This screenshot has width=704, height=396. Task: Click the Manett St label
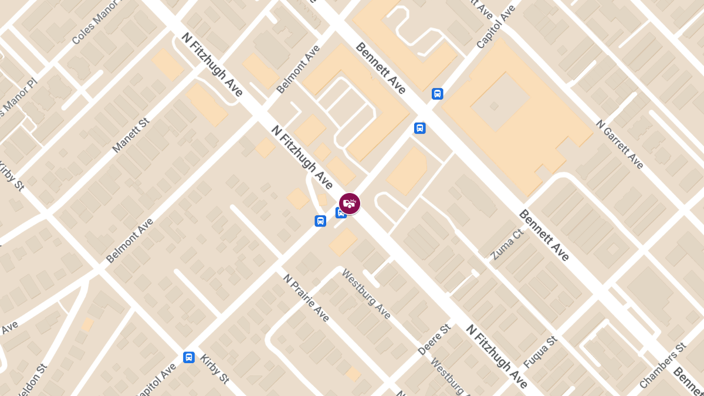[x=131, y=135]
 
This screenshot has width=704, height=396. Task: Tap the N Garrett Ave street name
[x=620, y=144]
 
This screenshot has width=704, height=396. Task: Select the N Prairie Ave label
[x=306, y=306]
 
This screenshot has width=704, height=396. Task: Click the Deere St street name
[x=434, y=340]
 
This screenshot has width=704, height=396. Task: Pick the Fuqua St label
[x=540, y=353]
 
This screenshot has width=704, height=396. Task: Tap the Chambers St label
[x=663, y=365]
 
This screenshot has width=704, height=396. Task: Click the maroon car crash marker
[x=350, y=203]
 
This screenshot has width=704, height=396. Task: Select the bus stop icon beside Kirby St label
[x=189, y=357]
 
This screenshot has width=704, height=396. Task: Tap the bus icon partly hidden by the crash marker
[x=340, y=213]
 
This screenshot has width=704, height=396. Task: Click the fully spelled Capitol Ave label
[x=496, y=26]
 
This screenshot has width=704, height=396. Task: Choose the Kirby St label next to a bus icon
[x=214, y=369]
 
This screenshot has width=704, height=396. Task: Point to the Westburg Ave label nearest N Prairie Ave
[x=366, y=294]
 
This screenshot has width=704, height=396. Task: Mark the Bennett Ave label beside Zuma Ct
[x=544, y=235]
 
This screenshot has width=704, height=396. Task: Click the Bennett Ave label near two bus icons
[x=380, y=68]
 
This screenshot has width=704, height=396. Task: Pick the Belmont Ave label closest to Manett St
[x=130, y=241]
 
